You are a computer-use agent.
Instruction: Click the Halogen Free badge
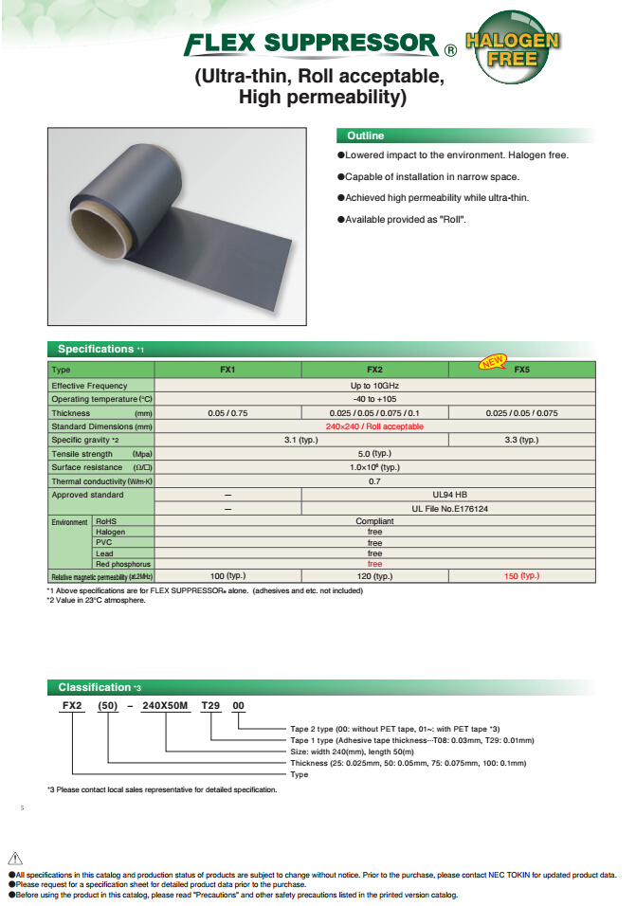(x=513, y=49)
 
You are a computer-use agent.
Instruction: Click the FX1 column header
(x=227, y=370)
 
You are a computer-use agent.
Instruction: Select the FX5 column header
(x=521, y=370)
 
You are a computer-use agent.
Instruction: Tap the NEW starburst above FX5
(x=493, y=360)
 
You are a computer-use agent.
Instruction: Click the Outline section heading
(x=365, y=136)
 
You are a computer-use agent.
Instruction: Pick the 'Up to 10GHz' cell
(x=374, y=386)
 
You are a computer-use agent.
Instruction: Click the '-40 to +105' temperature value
(x=374, y=399)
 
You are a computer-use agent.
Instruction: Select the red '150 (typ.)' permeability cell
(x=521, y=575)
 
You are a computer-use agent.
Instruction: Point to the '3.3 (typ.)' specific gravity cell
(x=521, y=440)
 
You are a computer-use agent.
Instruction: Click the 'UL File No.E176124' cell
(x=448, y=508)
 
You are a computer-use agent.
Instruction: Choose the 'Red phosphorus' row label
(x=119, y=564)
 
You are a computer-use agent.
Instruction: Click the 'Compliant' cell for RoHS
(x=374, y=521)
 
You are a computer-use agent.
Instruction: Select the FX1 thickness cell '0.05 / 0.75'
(x=227, y=413)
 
